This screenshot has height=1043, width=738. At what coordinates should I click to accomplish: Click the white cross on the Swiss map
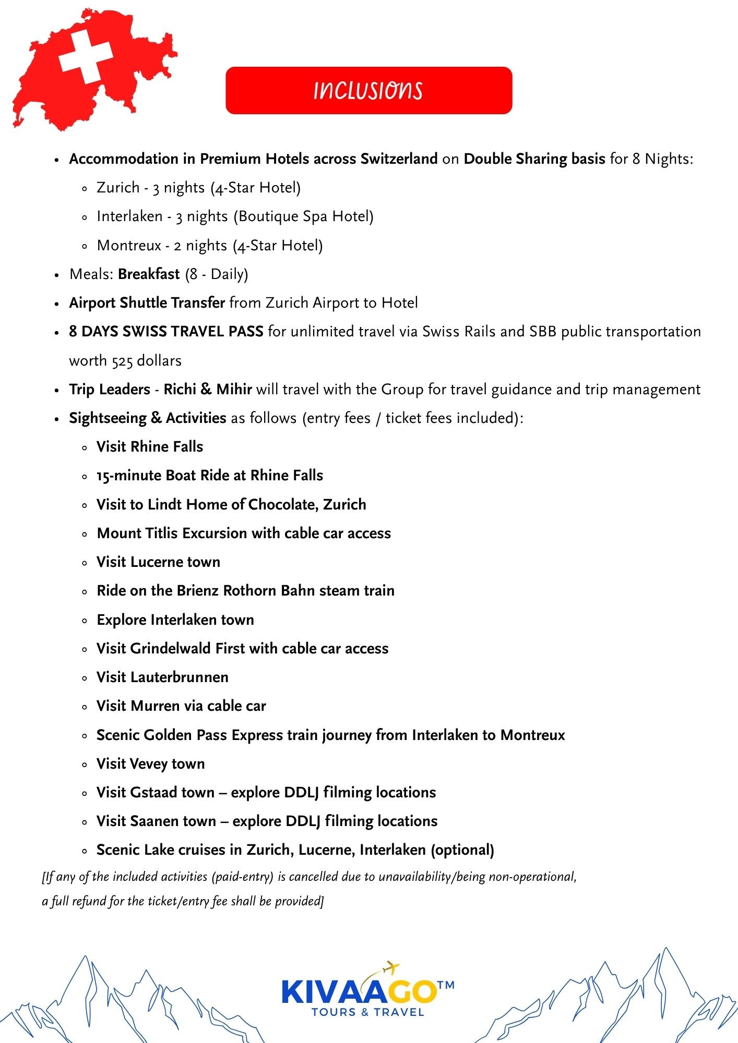click(86, 57)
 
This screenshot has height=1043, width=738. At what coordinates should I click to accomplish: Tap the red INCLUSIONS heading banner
click(368, 90)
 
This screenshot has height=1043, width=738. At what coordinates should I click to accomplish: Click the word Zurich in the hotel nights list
click(118, 188)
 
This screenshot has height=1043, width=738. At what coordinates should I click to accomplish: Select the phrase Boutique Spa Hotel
click(304, 216)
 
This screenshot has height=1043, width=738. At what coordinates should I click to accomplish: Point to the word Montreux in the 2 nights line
click(129, 245)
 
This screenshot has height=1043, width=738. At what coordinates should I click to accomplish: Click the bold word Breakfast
click(149, 274)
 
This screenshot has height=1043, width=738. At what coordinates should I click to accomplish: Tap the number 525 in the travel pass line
click(122, 361)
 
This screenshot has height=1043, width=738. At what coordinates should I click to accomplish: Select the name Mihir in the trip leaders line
click(234, 390)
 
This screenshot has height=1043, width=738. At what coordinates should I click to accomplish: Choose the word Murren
click(156, 706)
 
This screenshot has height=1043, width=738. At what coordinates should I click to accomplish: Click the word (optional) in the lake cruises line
click(462, 850)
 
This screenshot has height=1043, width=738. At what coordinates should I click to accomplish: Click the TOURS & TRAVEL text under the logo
click(368, 1012)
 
